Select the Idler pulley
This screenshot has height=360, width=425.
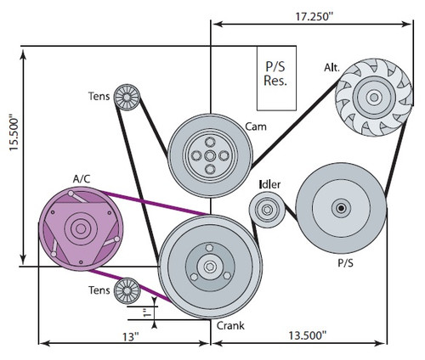click(x=267, y=210)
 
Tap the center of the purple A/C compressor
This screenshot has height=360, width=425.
click(x=82, y=228)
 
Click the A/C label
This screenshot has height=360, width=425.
click(x=82, y=178)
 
